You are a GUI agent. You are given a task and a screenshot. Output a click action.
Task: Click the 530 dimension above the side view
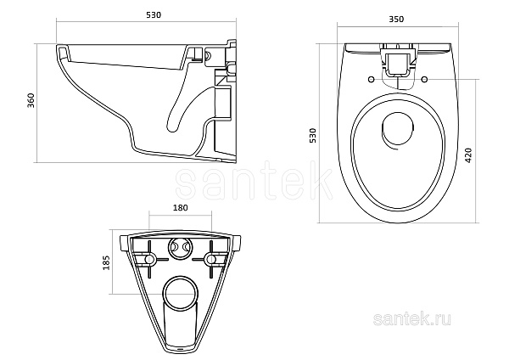click(x=154, y=15)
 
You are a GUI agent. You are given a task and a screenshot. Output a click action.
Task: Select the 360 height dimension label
click(x=31, y=101)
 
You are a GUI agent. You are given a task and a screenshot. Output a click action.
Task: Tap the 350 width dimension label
click(x=396, y=20)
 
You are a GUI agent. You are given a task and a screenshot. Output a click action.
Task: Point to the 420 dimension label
click(x=469, y=155)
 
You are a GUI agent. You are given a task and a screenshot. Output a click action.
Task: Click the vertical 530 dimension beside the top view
click(x=312, y=135)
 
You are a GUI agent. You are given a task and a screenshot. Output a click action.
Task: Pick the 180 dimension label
click(x=180, y=207)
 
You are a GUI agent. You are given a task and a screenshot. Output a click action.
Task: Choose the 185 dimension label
click(x=107, y=262)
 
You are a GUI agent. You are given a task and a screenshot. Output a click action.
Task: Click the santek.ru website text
click(x=412, y=319)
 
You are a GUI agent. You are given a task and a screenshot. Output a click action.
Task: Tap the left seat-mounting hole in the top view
click(x=371, y=79)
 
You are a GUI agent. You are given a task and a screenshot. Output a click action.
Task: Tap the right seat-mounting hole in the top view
click(x=424, y=79)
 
